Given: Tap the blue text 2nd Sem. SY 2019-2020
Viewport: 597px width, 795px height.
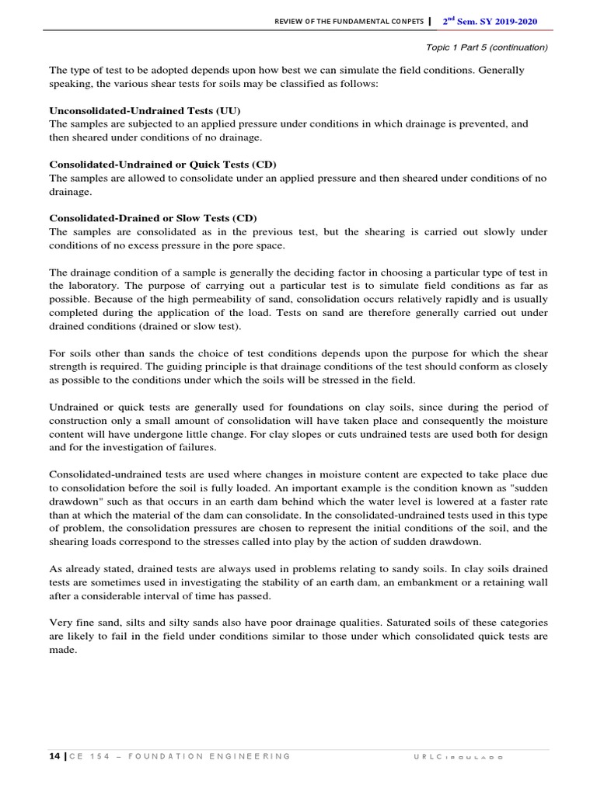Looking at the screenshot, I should coord(490,21).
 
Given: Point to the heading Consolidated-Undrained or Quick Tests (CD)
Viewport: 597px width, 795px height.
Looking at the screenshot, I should coord(163,165).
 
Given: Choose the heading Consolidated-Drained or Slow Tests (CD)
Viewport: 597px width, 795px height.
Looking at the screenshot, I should coord(153,218).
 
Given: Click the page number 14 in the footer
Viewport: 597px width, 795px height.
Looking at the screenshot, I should coord(55,755).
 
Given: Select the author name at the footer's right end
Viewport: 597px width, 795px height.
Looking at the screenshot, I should coord(458,756).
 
